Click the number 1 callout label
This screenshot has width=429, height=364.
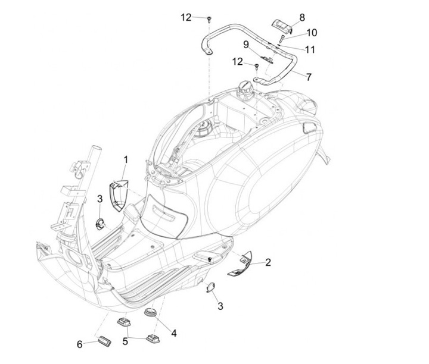[126, 159]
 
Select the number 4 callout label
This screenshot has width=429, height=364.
[173, 332]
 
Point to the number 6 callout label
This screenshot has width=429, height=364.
[79, 344]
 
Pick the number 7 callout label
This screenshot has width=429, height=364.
[308, 77]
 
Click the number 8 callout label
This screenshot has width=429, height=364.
[302, 17]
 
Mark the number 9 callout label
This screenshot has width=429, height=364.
[245, 44]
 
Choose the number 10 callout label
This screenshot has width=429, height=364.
[312, 32]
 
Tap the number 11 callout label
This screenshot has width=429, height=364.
[310, 49]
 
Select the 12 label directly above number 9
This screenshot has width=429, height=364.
[238, 61]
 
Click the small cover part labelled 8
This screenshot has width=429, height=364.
[281, 25]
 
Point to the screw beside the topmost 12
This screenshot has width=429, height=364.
[210, 20]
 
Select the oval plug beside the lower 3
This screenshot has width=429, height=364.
[210, 287]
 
